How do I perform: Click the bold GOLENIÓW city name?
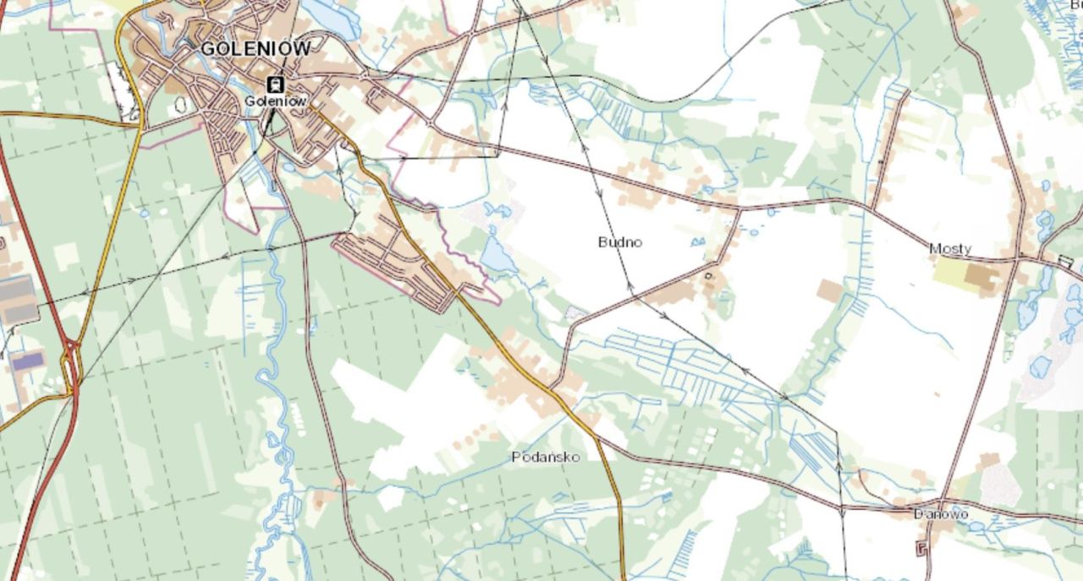255,48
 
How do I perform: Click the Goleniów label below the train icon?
273,100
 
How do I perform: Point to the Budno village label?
619,242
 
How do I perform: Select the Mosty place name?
950,249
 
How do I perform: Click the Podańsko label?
546,457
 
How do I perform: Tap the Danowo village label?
941,514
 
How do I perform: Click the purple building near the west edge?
27,362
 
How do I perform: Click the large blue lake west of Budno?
498,255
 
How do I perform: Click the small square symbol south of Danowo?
921,549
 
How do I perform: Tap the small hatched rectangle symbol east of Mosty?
1065,262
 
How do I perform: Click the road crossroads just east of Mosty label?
1015,260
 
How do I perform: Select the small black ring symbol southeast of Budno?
708,275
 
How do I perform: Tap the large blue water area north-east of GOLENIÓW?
330,17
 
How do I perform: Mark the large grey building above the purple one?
19,301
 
